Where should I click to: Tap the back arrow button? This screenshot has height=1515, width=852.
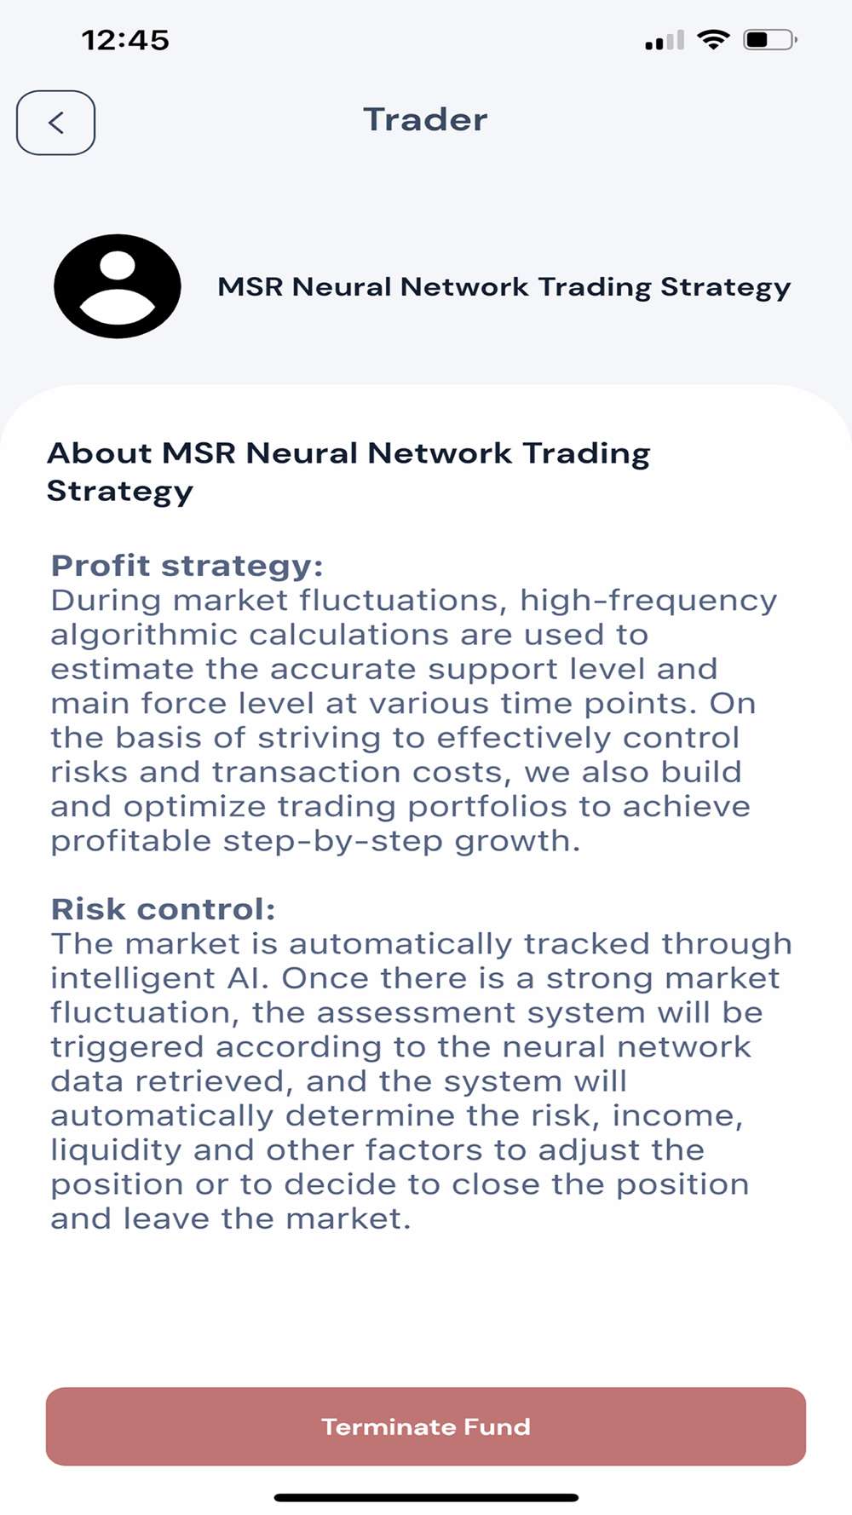(x=55, y=123)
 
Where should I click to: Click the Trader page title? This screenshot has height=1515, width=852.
(x=425, y=119)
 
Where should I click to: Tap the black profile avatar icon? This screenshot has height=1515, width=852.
(x=118, y=286)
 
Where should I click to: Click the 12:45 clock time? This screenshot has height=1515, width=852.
(x=125, y=40)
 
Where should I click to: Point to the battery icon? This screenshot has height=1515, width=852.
(x=770, y=39)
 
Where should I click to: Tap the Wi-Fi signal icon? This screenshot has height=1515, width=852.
(x=713, y=39)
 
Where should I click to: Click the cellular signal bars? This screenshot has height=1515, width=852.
(x=665, y=40)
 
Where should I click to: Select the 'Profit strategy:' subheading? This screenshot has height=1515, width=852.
(x=187, y=566)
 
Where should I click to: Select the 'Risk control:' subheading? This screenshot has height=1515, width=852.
(x=164, y=909)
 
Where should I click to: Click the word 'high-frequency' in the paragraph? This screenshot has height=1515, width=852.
(x=648, y=602)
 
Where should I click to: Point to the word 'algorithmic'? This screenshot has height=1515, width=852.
(x=144, y=636)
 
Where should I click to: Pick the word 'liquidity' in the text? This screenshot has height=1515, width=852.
(x=115, y=1150)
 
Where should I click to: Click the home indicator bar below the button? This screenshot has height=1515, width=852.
(x=426, y=1497)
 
